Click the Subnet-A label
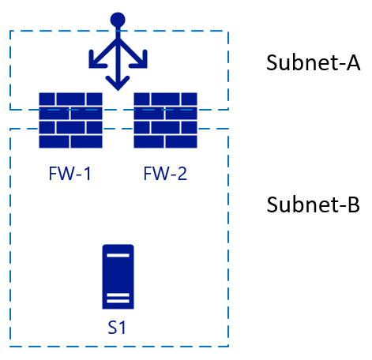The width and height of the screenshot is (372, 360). tap(313, 62)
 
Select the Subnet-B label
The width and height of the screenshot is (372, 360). tap(313, 204)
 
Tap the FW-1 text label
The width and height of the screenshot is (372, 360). tap(70, 174)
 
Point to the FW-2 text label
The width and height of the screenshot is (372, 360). tap(165, 174)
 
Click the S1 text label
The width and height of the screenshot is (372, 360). tap(117, 328)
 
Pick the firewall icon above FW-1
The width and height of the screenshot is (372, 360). tap(70, 120)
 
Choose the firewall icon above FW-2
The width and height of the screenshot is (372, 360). tap(165, 120)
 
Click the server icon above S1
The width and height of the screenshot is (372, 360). tap(118, 276)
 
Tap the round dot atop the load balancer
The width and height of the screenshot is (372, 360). tap(118, 20)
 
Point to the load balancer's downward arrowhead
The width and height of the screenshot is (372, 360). tap(118, 83)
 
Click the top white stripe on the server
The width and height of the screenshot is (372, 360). tap(118, 255)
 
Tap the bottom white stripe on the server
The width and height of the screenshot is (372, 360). tap(118, 301)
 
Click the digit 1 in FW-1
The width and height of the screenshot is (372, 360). tap(87, 174)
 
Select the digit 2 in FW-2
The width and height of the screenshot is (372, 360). tap(182, 174)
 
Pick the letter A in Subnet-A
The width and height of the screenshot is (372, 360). tap(353, 63)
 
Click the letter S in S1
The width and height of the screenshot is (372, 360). tap(112, 328)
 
